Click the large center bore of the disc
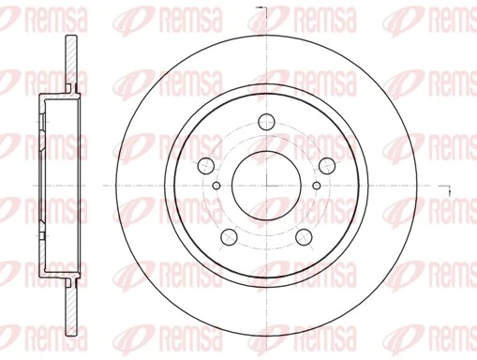[265, 184]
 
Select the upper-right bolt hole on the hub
[326, 164]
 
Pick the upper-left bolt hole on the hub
[204, 164]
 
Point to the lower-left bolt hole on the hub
[227, 236]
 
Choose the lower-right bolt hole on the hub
[303, 236]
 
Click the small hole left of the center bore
[216, 185]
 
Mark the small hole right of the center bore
[315, 185]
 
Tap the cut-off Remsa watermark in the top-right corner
[459, 16]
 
